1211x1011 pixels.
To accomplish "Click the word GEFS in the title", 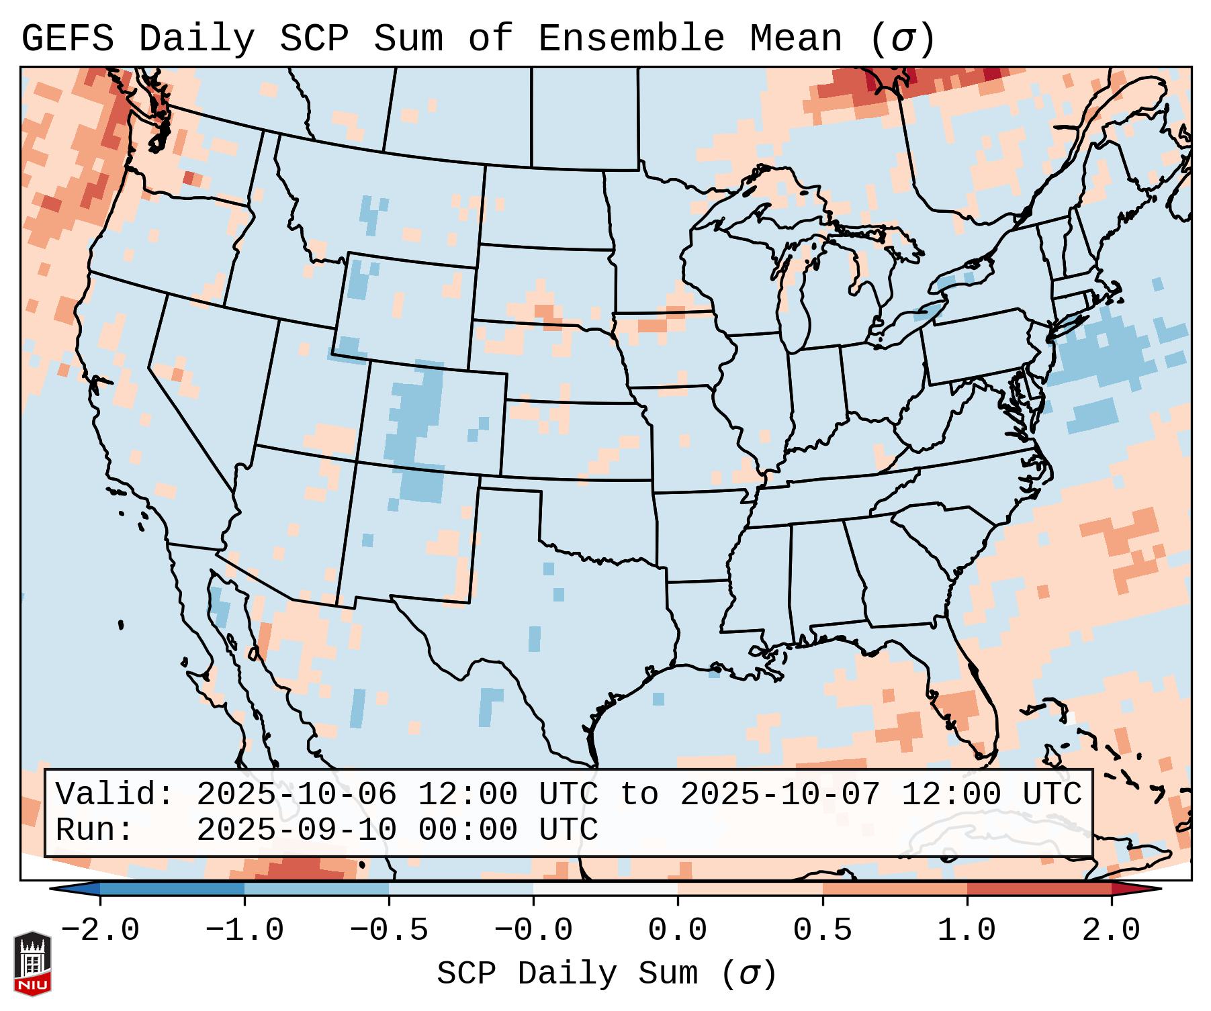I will coord(67,39).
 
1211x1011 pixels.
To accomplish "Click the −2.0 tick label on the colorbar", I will coord(100,930).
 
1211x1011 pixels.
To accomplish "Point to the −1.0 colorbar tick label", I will coord(244,930).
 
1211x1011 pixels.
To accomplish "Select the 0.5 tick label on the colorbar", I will coord(823,930).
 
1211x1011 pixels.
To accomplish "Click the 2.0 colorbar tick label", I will coord(1112,930).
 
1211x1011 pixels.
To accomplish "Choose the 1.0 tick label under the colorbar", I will coord(967,930).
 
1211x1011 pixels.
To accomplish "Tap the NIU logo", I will coord(32,963).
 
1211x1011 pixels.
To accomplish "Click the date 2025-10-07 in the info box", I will coord(780,794).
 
